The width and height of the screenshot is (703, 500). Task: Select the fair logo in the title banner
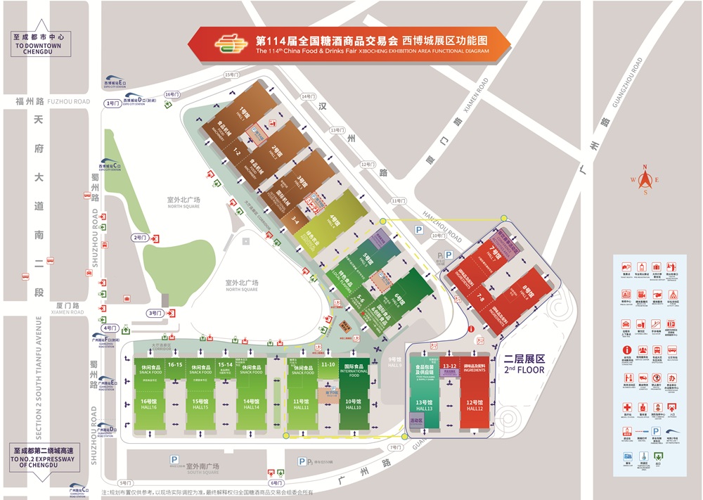click(x=233, y=44)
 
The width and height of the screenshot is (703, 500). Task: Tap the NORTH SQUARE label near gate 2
click(x=183, y=206)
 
